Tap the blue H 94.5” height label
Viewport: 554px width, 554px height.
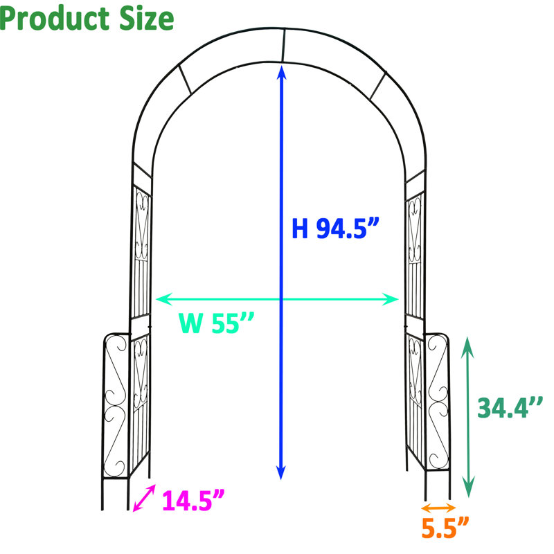(x=335, y=229)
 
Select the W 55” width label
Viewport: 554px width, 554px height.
(x=216, y=323)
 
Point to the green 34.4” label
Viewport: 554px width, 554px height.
(x=510, y=408)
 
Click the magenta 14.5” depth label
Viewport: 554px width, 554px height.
(x=193, y=500)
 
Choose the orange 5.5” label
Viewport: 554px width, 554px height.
(x=445, y=528)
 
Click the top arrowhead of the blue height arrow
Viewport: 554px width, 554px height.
(x=281, y=72)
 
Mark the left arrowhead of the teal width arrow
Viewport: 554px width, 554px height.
(x=163, y=299)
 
